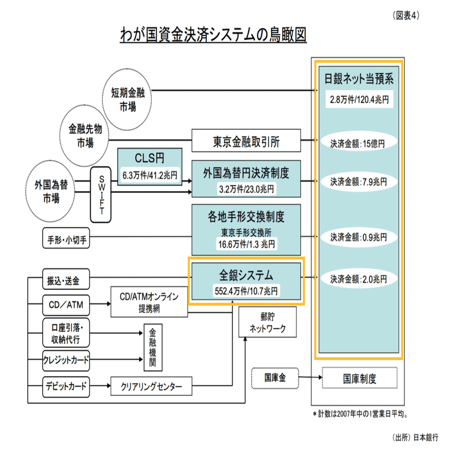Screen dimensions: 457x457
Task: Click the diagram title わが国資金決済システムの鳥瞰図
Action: click(214, 35)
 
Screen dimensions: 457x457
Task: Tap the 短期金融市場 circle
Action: click(127, 99)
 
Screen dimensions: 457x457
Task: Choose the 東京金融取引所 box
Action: click(245, 142)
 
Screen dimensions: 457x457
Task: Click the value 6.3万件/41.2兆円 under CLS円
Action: click(150, 173)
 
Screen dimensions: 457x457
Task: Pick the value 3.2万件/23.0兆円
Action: click(246, 188)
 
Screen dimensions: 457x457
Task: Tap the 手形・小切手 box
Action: click(67, 240)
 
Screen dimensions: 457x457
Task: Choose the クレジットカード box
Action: click(66, 360)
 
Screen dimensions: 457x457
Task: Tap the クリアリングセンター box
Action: click(151, 386)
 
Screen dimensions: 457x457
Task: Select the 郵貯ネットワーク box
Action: click(267, 322)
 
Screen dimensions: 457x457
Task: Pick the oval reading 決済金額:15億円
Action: click(358, 144)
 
